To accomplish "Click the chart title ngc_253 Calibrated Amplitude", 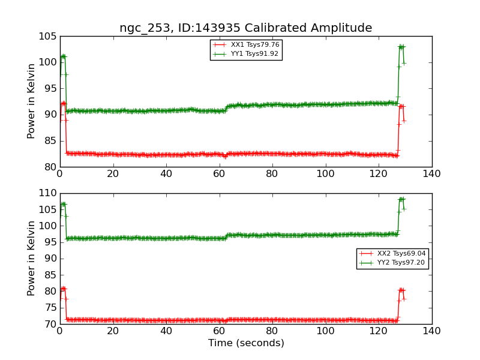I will [x=245, y=28].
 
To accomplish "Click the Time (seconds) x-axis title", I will [x=246, y=343].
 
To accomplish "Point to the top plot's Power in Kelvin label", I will [x=32, y=101].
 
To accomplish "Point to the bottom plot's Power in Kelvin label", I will [x=32, y=258].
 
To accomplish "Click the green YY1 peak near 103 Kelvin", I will [x=401, y=46].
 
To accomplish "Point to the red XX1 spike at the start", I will [x=63, y=104].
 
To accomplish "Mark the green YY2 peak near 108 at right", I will [x=401, y=199].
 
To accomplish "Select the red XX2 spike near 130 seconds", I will [x=401, y=290].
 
